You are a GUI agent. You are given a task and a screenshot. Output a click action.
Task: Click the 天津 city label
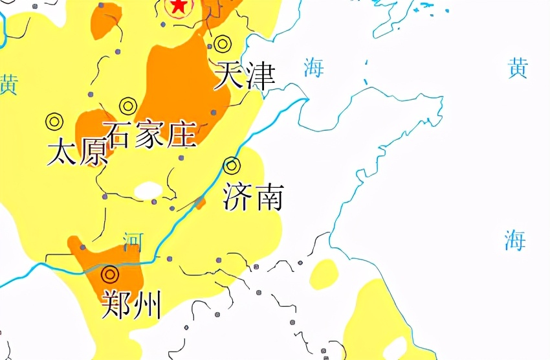click(x=244, y=76)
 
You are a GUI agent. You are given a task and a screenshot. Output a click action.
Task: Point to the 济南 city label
click(x=253, y=197)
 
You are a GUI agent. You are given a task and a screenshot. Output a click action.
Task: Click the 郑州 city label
click(x=131, y=304)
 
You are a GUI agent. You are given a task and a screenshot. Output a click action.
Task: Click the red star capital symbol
click(x=178, y=6)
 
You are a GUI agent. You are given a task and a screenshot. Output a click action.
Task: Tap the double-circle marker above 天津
click(x=222, y=44)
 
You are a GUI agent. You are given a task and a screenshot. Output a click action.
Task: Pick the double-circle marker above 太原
click(x=53, y=120)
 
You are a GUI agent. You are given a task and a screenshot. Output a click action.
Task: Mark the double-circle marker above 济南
click(x=232, y=166)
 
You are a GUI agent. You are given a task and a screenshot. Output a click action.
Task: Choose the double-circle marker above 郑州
click(x=110, y=275)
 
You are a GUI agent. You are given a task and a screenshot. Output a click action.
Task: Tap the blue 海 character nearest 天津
click(x=314, y=67)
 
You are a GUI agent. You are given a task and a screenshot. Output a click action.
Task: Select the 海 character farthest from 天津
click(x=515, y=240)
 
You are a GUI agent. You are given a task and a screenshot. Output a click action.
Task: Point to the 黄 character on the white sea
click(x=518, y=68)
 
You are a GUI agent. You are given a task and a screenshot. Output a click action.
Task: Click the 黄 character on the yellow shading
click(x=8, y=85)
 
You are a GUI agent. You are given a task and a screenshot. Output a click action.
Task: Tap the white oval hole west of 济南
click(x=148, y=190)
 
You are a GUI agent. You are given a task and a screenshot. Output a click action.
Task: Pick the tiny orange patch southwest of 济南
click(x=200, y=203)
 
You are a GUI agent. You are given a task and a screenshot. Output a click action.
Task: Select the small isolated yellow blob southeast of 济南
click(x=324, y=274)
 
